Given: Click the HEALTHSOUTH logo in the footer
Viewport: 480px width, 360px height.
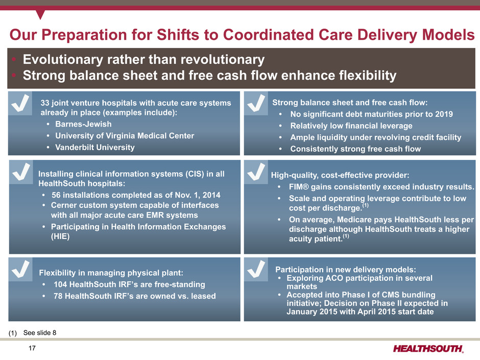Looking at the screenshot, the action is [428, 348].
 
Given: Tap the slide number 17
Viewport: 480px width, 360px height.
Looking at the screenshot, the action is [32, 348].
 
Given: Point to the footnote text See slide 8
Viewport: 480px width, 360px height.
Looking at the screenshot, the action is [40, 333].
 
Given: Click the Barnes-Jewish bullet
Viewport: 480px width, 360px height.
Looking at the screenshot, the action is [83, 124].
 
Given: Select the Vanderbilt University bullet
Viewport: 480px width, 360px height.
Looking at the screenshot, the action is [95, 147].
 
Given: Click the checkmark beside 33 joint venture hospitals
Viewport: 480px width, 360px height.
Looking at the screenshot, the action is [20, 103].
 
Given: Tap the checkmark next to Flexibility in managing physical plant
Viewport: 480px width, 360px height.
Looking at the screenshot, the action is [20, 269].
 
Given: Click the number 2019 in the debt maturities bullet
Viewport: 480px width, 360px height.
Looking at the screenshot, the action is [444, 114].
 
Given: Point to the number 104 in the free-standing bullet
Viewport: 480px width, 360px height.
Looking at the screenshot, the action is [60, 284].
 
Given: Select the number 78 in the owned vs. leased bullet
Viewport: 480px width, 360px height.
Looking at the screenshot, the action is [58, 296].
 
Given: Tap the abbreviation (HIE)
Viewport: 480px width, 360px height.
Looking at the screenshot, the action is [60, 236].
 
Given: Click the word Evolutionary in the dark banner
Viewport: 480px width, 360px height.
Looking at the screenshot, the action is [63, 59].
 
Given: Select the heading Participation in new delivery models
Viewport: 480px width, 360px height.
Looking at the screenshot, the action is [346, 270].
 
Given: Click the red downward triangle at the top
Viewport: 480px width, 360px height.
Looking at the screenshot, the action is [40, 14].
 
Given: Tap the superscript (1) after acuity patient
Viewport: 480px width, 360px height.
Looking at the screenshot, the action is [346, 236].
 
